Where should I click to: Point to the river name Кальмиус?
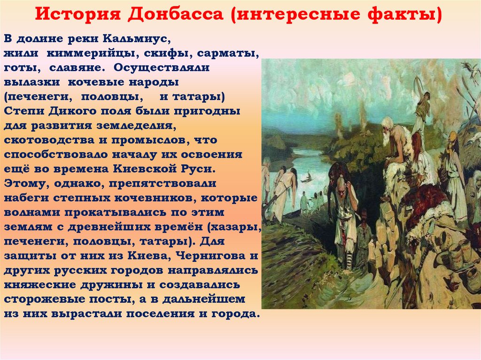137,39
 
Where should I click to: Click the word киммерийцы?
91,54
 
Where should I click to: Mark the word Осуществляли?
162,68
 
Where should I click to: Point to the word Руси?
199,169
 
